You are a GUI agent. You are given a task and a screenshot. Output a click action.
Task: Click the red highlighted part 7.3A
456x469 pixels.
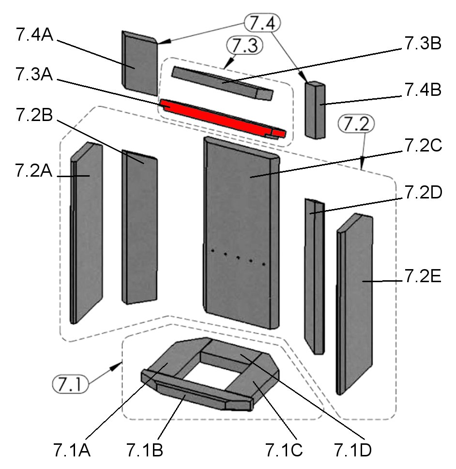218,116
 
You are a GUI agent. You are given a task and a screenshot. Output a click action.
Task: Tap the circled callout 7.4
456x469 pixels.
262,23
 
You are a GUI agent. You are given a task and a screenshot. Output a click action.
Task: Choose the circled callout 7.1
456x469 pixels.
70,386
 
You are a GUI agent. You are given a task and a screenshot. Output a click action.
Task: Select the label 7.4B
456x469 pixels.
422,91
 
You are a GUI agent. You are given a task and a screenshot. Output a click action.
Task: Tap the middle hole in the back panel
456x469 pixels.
238,257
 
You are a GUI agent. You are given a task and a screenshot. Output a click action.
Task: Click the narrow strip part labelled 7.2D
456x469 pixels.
314,276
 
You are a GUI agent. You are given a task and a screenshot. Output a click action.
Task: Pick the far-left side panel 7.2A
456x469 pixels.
87,232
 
